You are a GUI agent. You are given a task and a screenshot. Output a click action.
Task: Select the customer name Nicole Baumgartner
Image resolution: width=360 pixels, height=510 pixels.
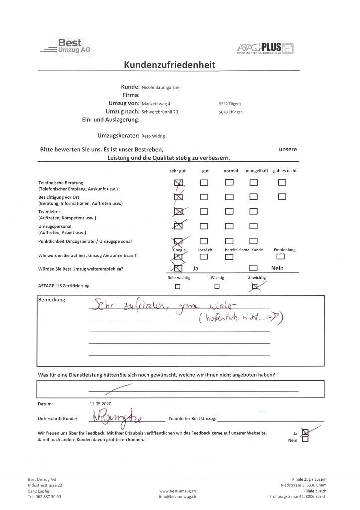161,87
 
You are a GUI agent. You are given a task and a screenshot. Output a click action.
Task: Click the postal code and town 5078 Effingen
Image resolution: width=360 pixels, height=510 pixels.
230,112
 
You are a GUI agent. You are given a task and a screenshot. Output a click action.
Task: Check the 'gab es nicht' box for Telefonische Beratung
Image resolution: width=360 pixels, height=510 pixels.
282,182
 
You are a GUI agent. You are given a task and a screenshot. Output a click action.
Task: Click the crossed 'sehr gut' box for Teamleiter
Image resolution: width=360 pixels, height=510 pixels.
178,211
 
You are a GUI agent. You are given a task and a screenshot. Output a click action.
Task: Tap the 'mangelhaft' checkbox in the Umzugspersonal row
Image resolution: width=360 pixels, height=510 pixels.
253,226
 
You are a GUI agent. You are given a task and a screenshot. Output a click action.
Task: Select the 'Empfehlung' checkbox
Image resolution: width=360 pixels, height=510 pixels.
281,256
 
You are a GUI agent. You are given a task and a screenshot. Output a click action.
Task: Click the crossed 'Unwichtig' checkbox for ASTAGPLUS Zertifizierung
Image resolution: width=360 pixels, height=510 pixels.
256,286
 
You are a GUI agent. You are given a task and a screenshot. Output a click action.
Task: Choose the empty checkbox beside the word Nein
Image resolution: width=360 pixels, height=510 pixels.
253,268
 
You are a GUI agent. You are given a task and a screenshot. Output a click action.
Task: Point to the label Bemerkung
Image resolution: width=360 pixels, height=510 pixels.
52,300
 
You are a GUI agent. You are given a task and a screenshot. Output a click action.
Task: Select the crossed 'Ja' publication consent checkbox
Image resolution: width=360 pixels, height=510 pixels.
305,432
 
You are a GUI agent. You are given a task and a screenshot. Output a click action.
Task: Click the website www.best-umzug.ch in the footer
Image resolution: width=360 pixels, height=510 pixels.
177,491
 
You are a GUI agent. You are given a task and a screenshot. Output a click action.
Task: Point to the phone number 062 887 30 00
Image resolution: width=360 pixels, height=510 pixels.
48,497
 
